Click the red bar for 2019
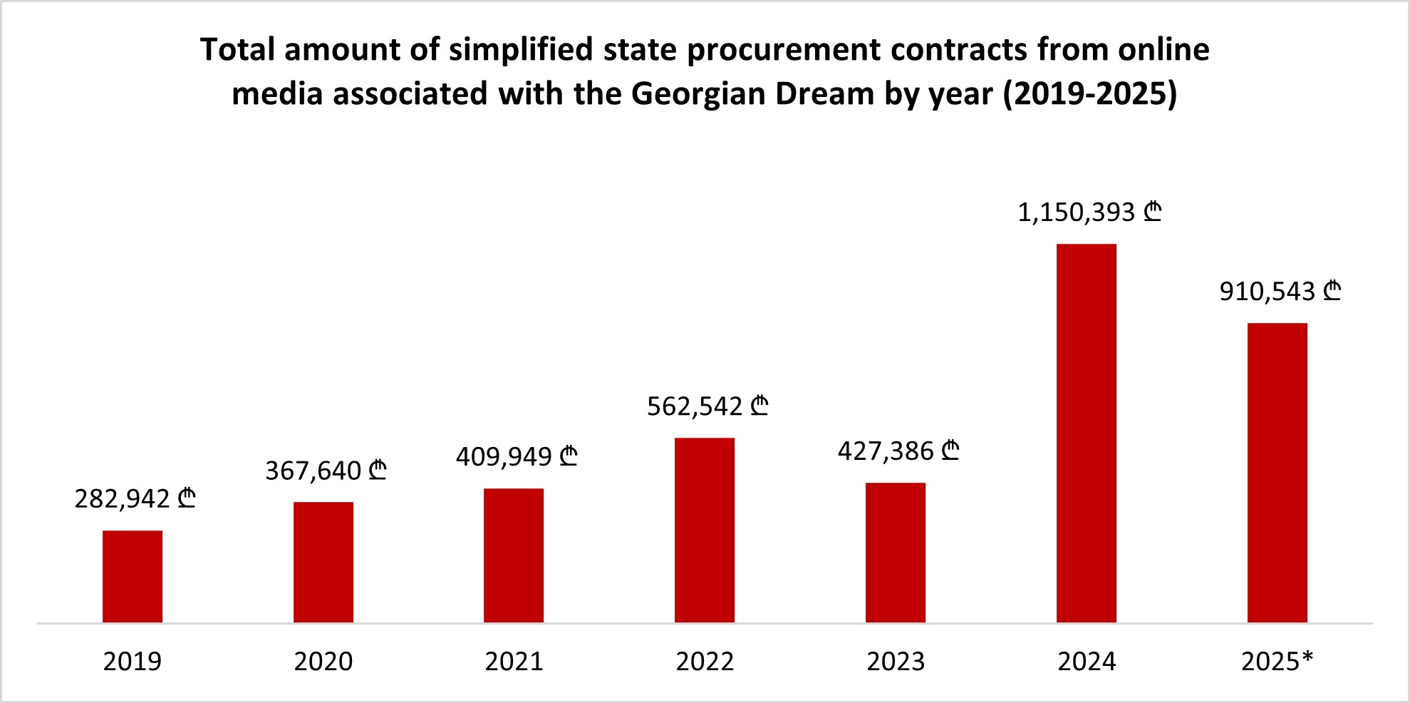tap(133, 576)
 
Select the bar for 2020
tap(323, 562)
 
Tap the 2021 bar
tap(514, 555)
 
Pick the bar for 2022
tap(705, 530)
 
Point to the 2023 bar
tap(896, 553)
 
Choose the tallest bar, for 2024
tap(1087, 433)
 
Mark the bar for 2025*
tap(1277, 473)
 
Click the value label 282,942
tap(135, 498)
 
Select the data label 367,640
tap(326, 471)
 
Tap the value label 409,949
tap(517, 456)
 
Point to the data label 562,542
tap(707, 406)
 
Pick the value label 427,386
tap(898, 451)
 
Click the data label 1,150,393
tap(1089, 212)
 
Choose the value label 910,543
tap(1280, 291)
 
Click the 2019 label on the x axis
tap(133, 662)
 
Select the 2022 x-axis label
tap(705, 662)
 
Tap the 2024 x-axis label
tap(1087, 662)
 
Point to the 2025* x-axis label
tap(1277, 662)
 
